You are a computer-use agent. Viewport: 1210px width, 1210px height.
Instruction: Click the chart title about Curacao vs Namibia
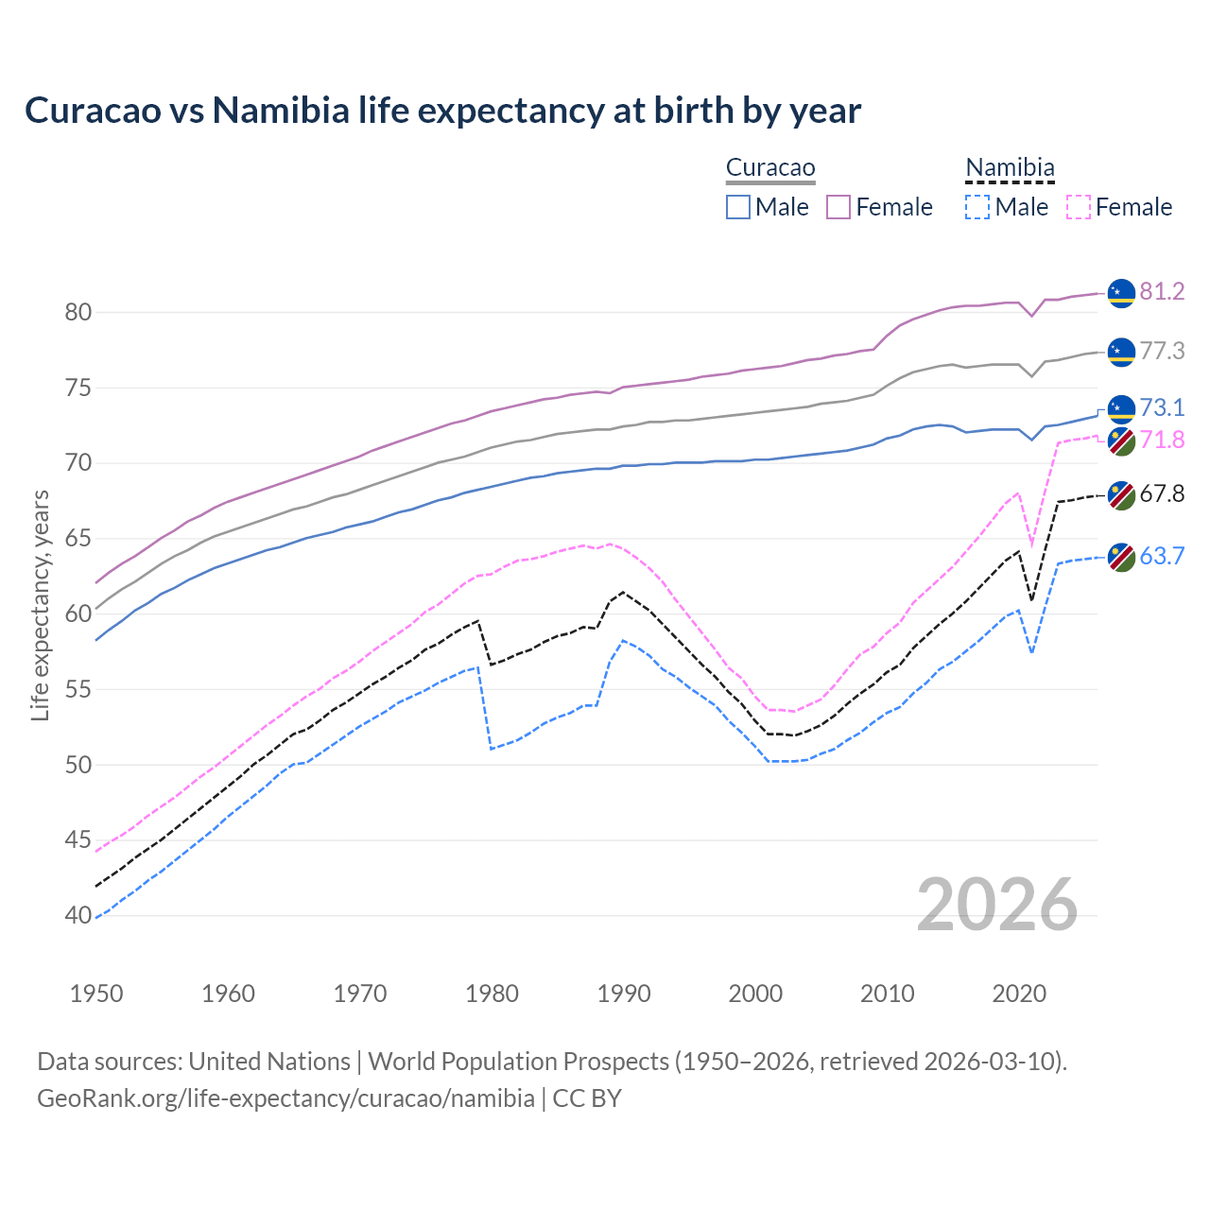(x=442, y=111)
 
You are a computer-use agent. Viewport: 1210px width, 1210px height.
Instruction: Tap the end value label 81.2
(x=1162, y=291)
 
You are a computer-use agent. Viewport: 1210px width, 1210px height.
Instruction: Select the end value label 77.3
(x=1162, y=351)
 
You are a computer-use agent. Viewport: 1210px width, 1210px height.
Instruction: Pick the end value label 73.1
(x=1162, y=407)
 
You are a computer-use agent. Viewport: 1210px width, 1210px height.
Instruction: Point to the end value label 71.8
(x=1162, y=440)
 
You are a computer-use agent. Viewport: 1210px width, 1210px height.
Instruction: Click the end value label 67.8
(x=1162, y=493)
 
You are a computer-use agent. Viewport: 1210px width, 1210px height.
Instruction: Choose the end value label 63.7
(x=1162, y=556)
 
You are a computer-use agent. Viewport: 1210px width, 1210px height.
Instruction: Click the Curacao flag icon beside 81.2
(x=1121, y=293)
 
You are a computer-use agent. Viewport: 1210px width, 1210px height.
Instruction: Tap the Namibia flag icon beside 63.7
(x=1121, y=557)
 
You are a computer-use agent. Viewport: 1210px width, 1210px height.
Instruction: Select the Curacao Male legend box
(x=738, y=207)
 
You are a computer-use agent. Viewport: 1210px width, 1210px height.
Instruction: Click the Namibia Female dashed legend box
(x=1079, y=207)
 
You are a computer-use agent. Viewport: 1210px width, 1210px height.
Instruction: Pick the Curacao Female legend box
(x=838, y=207)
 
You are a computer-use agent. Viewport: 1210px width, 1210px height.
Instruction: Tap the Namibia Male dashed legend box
(x=977, y=207)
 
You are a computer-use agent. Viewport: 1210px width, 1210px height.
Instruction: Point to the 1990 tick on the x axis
(x=624, y=994)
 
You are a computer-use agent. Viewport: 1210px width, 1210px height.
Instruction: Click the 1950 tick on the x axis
(x=96, y=994)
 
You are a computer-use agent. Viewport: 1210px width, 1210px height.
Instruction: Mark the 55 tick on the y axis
(x=78, y=689)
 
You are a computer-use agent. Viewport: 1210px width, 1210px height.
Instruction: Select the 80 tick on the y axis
(x=78, y=312)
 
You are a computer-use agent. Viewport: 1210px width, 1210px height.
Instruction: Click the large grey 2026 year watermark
(x=996, y=905)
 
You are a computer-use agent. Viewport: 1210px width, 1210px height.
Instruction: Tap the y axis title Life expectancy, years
(x=40, y=605)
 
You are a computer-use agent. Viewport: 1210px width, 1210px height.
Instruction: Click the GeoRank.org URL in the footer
(x=285, y=1098)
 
